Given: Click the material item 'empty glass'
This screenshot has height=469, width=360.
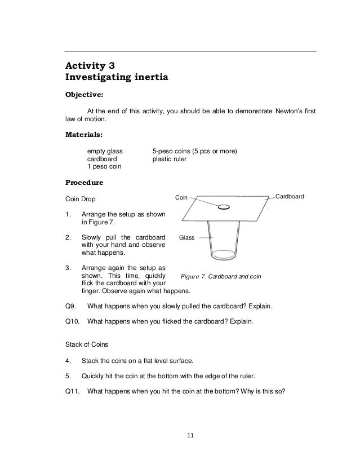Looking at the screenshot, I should click(106, 152).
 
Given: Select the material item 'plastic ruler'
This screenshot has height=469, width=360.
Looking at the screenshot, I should click(170, 160).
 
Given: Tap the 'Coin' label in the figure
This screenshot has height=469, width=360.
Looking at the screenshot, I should click(181, 198).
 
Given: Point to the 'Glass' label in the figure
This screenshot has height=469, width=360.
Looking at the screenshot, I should click(186, 238).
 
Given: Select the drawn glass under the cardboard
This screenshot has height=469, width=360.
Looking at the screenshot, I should click(230, 242).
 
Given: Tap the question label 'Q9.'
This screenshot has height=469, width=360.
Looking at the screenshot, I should click(72, 307).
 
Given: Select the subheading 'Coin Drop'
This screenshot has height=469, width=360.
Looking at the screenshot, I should click(81, 199).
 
